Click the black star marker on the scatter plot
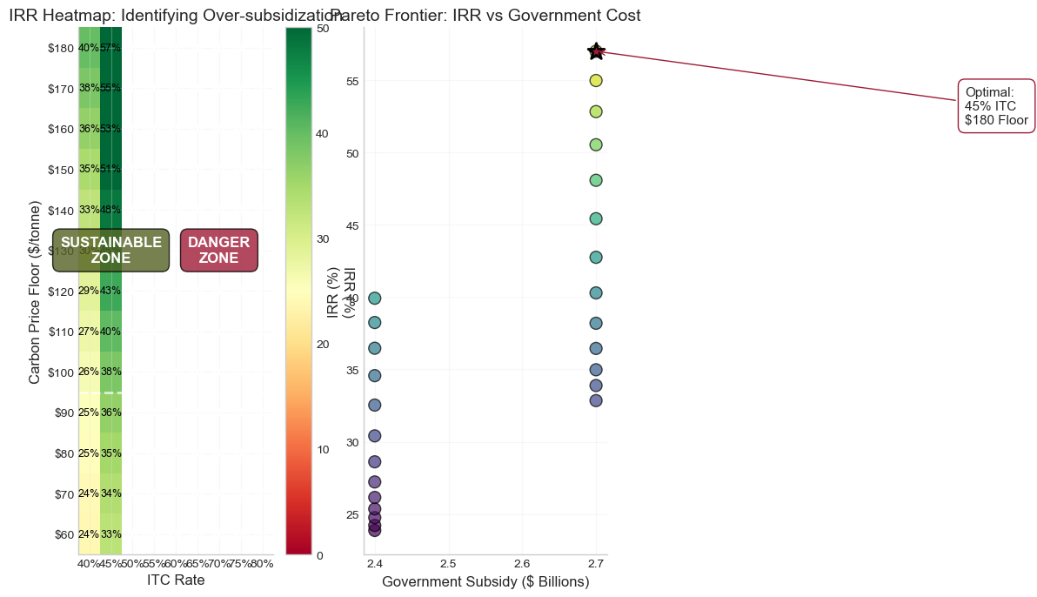(x=596, y=51)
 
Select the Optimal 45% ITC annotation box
(x=996, y=106)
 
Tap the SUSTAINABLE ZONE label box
(x=111, y=250)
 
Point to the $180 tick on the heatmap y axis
(x=61, y=48)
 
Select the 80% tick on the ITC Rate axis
(x=262, y=564)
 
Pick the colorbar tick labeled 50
(x=322, y=29)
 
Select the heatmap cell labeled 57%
(x=110, y=48)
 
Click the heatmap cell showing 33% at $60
(x=110, y=534)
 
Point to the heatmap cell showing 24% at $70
(x=89, y=493)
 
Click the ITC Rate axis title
(x=176, y=580)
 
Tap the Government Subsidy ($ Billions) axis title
(x=485, y=581)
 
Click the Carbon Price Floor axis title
(x=35, y=292)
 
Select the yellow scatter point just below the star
(x=596, y=81)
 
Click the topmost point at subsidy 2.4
(x=375, y=298)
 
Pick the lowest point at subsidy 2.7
(x=596, y=400)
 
